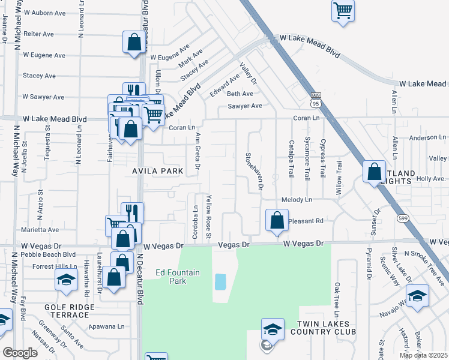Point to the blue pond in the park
[x=220, y=281]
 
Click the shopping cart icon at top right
[x=343, y=10]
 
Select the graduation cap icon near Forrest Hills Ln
[x=66, y=279]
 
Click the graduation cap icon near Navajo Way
[x=417, y=295]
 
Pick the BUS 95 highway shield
[x=316, y=99]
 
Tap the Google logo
[x=20, y=353]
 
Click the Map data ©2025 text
[x=424, y=355]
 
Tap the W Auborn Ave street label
[x=44, y=13]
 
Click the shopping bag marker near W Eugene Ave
[x=134, y=42]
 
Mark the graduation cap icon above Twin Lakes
[x=272, y=328]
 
